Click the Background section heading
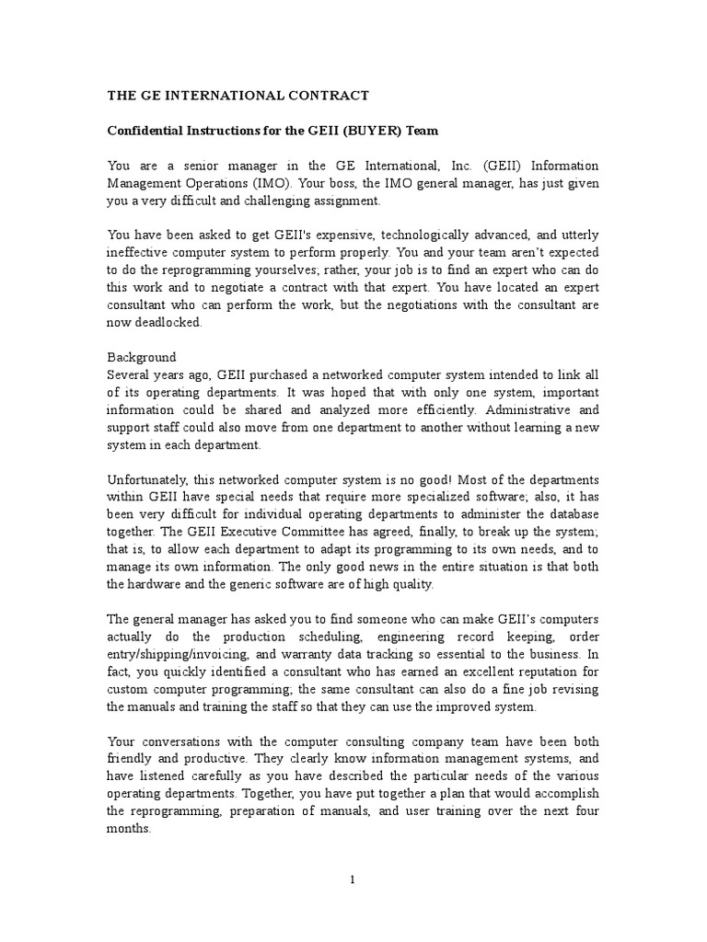click(142, 357)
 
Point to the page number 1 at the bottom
click(353, 879)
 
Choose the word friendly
click(134, 759)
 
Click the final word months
click(129, 828)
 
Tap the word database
click(572, 515)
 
